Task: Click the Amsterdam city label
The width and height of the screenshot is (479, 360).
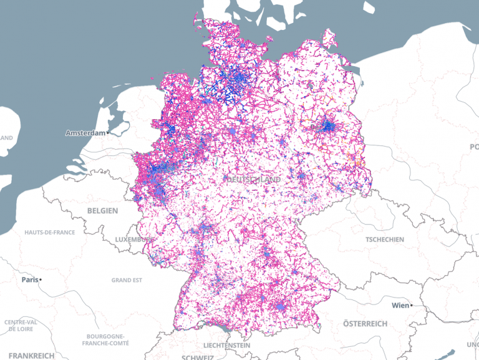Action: click(85, 133)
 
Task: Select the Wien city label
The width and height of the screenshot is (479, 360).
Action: click(400, 306)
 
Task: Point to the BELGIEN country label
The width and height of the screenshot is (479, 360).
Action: click(102, 211)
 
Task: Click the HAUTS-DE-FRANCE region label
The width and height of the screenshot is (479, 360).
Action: click(50, 233)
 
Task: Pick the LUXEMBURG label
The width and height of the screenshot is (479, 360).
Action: click(134, 240)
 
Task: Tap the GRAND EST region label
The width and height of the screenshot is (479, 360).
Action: click(126, 280)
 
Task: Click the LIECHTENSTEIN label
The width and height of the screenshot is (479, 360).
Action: click(226, 345)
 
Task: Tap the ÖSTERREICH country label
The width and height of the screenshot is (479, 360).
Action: click(365, 323)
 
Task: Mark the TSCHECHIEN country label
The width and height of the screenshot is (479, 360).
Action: click(384, 239)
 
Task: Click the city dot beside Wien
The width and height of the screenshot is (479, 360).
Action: click(413, 306)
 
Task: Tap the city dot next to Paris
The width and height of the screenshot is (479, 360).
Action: click(40, 280)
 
